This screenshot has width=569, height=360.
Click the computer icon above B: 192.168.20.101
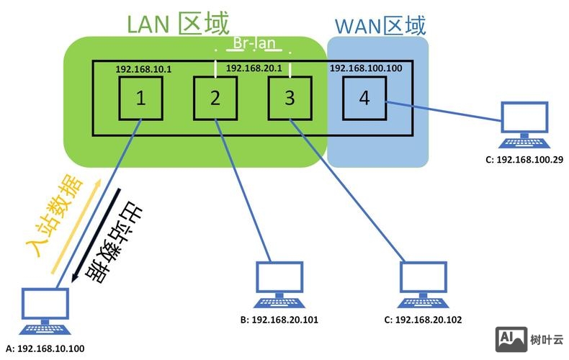point(279,283)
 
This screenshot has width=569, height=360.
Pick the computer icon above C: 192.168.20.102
point(424,283)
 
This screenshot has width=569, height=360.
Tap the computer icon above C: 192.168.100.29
point(525,123)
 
